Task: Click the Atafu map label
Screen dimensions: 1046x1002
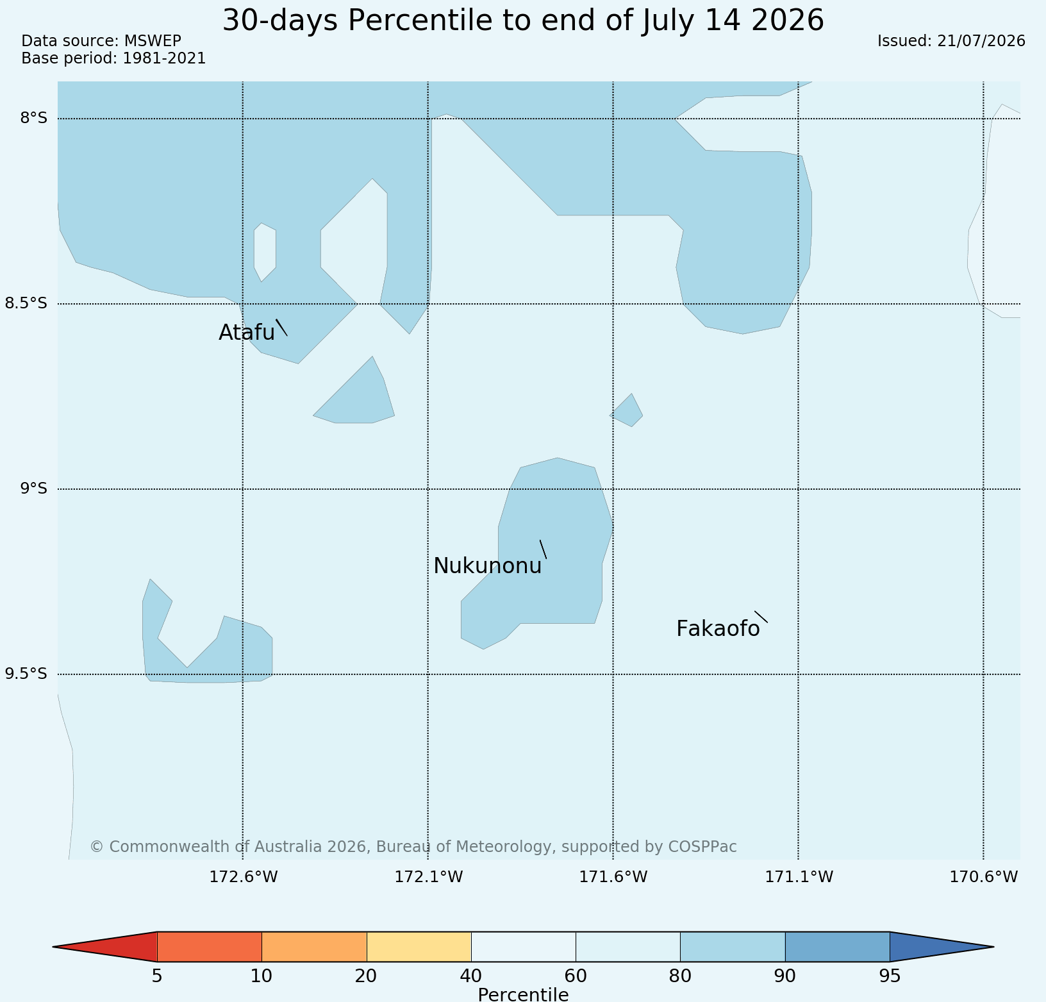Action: [247, 332]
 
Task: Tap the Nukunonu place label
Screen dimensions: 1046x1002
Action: [488, 566]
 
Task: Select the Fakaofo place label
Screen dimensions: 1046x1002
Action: [718, 629]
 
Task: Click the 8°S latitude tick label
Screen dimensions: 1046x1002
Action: [34, 118]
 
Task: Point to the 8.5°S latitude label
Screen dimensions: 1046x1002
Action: [26, 303]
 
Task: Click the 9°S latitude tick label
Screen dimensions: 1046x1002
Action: [34, 488]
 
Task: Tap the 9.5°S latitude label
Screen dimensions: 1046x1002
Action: [26, 674]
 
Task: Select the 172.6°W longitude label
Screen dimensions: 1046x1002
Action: [244, 877]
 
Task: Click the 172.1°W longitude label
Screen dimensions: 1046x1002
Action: [429, 877]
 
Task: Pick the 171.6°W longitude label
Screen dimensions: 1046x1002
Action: [613, 877]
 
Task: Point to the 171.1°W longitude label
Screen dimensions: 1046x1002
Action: [799, 877]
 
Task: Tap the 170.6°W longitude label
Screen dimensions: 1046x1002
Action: [984, 877]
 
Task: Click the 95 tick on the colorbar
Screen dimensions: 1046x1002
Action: [890, 976]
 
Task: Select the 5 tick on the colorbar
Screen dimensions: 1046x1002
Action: [157, 976]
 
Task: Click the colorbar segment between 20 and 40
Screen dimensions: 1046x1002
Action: [419, 947]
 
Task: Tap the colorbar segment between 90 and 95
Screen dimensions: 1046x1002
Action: [837, 947]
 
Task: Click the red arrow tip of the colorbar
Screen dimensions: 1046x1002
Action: [54, 947]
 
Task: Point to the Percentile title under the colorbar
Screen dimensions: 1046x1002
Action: [523, 994]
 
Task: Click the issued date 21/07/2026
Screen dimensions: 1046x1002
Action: [981, 41]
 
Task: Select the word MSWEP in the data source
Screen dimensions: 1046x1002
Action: [153, 41]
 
